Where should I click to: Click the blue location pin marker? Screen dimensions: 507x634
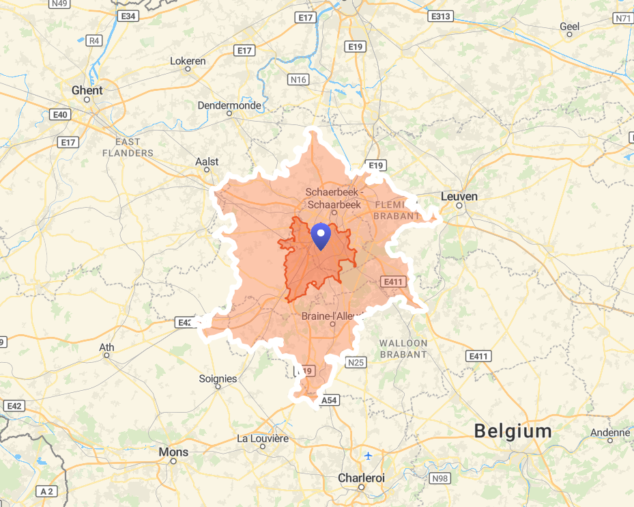coord(320,236)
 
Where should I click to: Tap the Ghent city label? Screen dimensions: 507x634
coord(87,90)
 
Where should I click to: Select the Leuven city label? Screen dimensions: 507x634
coord(459,196)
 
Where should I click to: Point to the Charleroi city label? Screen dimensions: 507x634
coord(361,478)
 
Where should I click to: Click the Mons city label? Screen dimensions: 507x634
coord(173,452)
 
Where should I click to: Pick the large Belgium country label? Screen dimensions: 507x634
coord(513,431)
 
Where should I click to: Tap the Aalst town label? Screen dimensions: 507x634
coord(207,161)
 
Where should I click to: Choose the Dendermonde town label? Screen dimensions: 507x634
coord(229,105)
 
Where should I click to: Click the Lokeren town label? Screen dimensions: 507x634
coord(188,61)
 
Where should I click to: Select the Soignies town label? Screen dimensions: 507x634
coord(218,379)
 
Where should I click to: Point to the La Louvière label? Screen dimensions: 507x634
coord(263,438)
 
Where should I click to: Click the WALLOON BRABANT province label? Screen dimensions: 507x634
coord(403,348)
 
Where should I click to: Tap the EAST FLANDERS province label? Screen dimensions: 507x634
coord(128,147)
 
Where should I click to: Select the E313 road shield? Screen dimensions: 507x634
coord(441,16)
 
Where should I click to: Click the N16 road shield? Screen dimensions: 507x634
coord(298,80)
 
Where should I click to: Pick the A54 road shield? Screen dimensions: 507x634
coord(330,400)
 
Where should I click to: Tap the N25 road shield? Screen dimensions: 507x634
coord(356,362)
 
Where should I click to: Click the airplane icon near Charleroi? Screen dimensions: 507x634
coord(369,455)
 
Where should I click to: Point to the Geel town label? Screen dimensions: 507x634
coord(570,26)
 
